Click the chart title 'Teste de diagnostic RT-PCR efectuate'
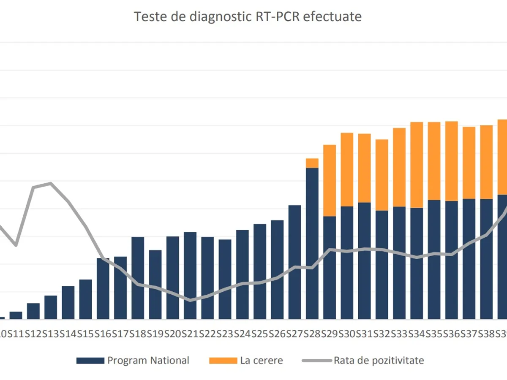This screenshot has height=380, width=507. [248, 16]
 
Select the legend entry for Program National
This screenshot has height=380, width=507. [148, 360]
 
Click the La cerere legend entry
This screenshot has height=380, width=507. [261, 360]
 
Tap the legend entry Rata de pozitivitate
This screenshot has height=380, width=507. [379, 360]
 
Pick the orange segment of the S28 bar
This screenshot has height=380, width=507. [312, 163]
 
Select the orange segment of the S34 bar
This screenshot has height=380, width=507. [417, 165]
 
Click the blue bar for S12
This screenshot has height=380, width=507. [33, 311]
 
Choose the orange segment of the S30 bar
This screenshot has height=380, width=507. [347, 169]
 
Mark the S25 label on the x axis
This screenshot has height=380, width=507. [260, 334]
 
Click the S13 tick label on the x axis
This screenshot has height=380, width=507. [51, 334]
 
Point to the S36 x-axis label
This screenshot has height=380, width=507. [451, 334]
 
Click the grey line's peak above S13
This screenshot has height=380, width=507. [51, 183]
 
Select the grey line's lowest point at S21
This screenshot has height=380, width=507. [190, 300]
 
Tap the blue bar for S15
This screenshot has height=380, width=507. [86, 299]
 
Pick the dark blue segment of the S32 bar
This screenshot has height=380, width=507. [382, 264]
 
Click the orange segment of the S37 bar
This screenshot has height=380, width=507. [469, 163]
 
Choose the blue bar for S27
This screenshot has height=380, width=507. [295, 262]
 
